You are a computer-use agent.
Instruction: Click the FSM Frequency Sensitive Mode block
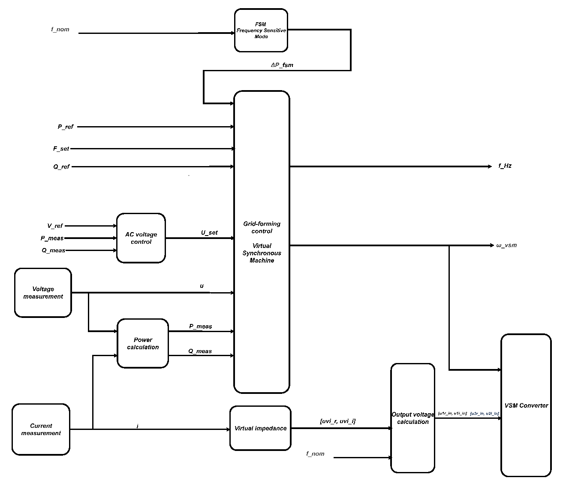point(261,31)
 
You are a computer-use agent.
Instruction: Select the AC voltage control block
point(141,238)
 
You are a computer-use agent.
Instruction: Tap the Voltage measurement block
point(43,293)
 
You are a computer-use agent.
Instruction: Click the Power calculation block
point(143,343)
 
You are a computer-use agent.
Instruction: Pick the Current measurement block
point(41,430)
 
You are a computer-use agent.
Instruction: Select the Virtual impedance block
point(260,428)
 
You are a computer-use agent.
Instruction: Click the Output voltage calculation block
point(412,418)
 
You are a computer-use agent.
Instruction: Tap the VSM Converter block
point(526,405)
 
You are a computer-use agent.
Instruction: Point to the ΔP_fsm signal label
point(282,65)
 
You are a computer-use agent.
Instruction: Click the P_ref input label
point(66,127)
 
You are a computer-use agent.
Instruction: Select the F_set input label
point(61,149)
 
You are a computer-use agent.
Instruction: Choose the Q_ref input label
point(61,167)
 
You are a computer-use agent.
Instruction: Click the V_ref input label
point(55,226)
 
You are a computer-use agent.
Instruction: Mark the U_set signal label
point(209,233)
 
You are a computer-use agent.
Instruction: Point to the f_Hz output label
point(505,166)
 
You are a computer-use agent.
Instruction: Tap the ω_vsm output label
point(506,245)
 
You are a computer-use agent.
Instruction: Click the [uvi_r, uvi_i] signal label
point(337,421)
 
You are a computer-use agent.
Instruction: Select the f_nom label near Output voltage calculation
point(315,454)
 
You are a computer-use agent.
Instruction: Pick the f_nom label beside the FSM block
point(60,30)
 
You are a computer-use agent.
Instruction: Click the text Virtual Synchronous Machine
point(262,253)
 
